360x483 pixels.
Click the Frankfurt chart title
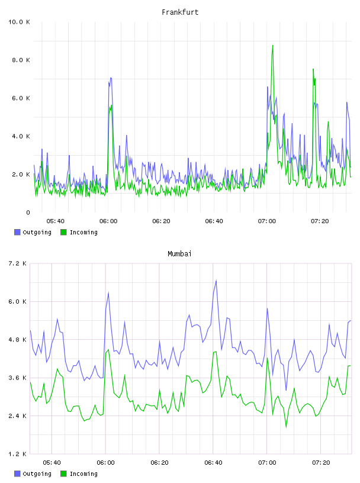tap(180, 12)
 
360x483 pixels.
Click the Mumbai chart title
tap(179, 254)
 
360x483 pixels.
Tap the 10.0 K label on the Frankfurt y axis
tap(19, 22)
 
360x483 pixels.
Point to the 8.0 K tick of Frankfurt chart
tap(21, 60)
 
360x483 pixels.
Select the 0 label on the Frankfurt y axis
tap(28, 212)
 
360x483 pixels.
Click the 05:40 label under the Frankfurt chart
tap(56, 221)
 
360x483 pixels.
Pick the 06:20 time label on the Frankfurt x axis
tap(161, 221)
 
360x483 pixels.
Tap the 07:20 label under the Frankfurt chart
tap(320, 221)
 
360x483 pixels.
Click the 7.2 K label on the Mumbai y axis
tap(17, 263)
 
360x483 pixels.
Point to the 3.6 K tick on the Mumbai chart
tap(17, 378)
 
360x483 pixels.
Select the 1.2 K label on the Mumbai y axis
tap(17, 454)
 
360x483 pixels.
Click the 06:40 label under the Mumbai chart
tap(213, 463)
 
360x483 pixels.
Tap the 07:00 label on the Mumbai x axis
tap(267, 463)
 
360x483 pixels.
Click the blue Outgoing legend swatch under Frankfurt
tap(17, 232)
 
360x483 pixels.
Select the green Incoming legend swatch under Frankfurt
tap(63, 232)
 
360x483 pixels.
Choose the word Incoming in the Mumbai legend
tap(83, 474)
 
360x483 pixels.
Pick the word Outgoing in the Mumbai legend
tap(37, 474)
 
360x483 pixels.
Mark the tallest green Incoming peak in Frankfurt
tap(273, 46)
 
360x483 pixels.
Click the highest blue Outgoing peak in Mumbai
tap(216, 281)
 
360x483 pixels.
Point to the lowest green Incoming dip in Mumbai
tap(286, 427)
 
